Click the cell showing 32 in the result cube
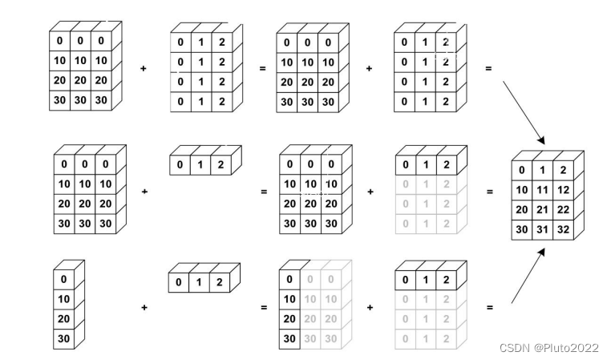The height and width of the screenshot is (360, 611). pos(564,229)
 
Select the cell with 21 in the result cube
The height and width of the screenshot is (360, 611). pos(543,209)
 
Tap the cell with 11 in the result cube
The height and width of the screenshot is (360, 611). pos(543,189)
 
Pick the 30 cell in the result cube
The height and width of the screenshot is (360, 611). pos(522,229)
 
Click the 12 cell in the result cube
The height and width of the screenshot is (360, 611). pos(564,189)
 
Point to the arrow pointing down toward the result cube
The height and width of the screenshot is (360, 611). pos(523,111)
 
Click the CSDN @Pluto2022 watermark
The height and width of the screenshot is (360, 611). pos(548,348)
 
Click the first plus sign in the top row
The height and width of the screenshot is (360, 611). pos(144,69)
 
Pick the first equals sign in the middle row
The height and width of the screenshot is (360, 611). pos(262,192)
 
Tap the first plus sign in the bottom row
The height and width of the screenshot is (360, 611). pos(144,307)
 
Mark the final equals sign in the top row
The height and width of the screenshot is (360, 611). pos(488,69)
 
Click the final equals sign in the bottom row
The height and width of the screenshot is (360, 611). pos(488,307)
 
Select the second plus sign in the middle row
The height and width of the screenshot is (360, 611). pos(370,192)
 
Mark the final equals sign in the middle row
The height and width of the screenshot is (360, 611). pos(488,192)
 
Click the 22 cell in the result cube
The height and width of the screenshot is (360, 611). pos(564,209)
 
